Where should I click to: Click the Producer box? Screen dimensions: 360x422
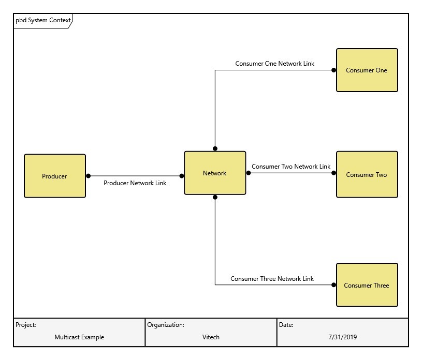55,176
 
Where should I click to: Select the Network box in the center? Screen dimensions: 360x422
215,173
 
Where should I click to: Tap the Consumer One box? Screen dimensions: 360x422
367,70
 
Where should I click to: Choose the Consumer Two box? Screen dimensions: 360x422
367,174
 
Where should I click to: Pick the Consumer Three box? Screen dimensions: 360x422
367,285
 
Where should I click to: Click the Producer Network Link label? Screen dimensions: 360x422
135,183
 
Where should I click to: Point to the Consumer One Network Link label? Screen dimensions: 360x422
274,64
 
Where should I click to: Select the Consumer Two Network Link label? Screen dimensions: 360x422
290,167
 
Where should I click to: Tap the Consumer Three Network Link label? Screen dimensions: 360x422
272,278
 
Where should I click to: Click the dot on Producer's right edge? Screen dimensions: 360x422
88,176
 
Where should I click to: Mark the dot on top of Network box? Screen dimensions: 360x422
215,148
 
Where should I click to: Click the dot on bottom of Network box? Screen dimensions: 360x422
215,197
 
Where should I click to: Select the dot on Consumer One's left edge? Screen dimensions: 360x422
334,70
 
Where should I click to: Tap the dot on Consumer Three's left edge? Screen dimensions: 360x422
334,285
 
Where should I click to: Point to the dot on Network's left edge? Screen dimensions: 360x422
182,176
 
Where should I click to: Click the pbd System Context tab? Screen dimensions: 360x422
42,21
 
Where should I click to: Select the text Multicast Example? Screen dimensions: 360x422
79,337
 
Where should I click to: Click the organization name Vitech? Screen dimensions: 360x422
211,337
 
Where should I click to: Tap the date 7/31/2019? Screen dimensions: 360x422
342,337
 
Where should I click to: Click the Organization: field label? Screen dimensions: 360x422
166,325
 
